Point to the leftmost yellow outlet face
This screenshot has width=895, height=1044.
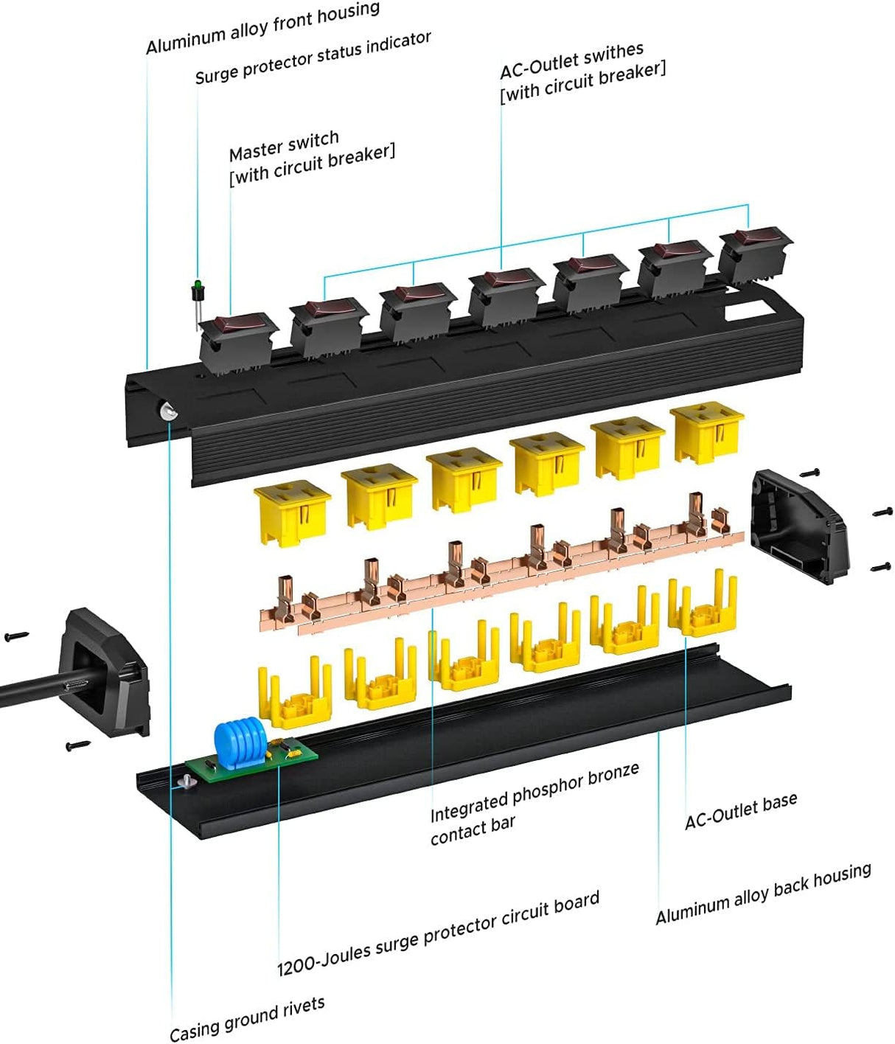click(x=291, y=509)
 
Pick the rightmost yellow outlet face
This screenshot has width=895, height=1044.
click(x=707, y=431)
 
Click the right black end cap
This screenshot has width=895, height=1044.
click(x=799, y=528)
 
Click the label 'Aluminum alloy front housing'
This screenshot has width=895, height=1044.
click(x=262, y=29)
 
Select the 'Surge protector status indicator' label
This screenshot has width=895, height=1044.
click(x=313, y=58)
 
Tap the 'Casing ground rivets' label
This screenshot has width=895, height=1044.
click(x=247, y=1018)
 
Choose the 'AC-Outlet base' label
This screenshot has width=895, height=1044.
click(x=740, y=810)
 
